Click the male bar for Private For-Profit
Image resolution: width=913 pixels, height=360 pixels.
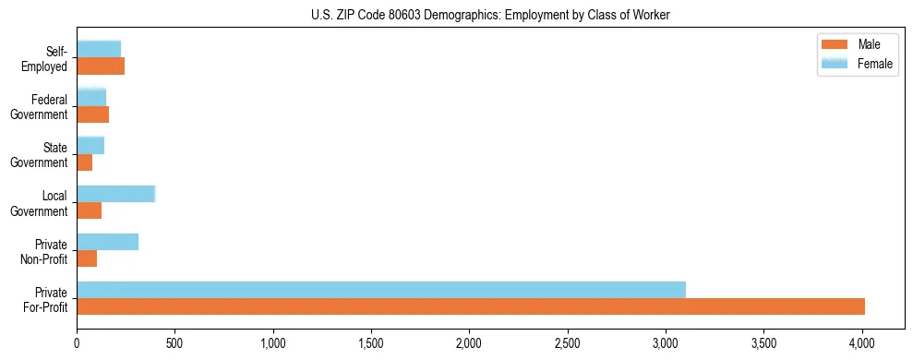(471, 306)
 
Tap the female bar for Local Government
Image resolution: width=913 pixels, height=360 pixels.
(115, 194)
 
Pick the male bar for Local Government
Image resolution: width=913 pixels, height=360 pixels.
(90, 210)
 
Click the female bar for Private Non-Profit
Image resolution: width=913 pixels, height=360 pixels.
(107, 242)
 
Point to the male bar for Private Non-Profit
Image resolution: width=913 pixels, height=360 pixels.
(87, 258)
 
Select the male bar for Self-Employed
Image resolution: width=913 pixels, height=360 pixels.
(101, 66)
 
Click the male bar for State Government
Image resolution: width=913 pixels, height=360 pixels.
(85, 162)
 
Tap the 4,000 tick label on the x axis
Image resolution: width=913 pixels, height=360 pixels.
(862, 343)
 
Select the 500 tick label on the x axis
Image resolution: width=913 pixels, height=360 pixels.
(175, 343)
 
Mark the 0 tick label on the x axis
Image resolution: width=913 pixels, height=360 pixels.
(78, 343)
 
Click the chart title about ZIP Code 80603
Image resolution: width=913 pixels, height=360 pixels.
(491, 14)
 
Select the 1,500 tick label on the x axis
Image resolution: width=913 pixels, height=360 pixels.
(372, 343)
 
